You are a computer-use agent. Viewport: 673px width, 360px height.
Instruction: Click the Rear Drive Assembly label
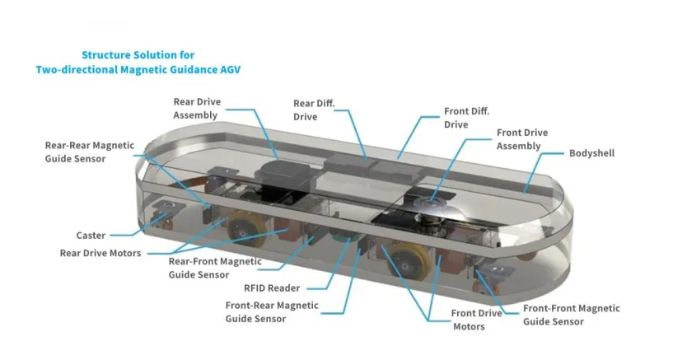click(x=196, y=109)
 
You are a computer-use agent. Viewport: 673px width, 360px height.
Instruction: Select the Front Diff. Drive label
click(x=467, y=118)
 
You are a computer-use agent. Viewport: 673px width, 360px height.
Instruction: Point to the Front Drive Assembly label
click(x=521, y=139)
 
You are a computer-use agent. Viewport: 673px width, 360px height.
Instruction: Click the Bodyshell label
click(x=591, y=153)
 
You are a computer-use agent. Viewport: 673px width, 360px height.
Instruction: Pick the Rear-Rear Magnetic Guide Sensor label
click(x=89, y=152)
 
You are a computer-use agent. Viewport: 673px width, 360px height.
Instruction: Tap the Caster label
click(x=91, y=235)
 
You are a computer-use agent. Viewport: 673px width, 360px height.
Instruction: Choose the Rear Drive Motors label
click(x=100, y=253)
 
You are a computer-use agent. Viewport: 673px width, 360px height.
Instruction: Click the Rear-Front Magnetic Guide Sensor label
click(x=214, y=268)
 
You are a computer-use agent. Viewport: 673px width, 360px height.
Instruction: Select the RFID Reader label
click(x=272, y=288)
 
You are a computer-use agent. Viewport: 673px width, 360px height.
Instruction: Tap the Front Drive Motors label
click(x=477, y=320)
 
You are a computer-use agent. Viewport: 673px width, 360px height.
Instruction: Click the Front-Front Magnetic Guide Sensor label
click(x=571, y=315)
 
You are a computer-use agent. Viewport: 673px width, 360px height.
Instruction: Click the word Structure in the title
click(x=109, y=55)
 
